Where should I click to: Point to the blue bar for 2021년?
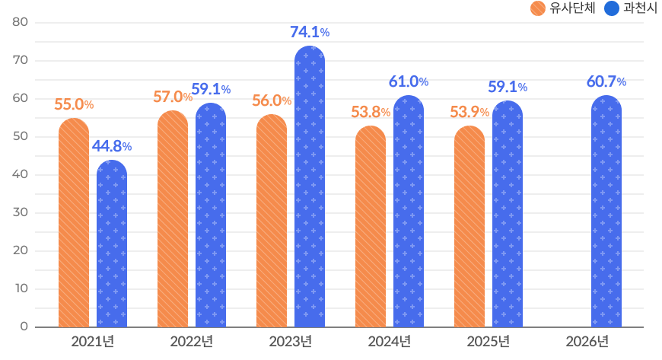(x=112, y=244)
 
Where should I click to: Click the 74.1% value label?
(x=310, y=32)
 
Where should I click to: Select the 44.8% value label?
(x=112, y=146)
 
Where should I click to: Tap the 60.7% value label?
(x=606, y=81)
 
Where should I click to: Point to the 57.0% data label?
(x=173, y=97)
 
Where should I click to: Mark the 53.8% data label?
(x=371, y=112)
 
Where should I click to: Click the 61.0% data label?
(x=409, y=81)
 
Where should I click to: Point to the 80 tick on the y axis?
(x=21, y=22)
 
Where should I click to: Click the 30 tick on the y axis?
(x=21, y=212)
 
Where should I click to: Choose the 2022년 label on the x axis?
(x=191, y=341)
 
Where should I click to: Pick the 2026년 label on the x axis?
(x=587, y=341)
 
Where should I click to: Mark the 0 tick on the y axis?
(x=24, y=327)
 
